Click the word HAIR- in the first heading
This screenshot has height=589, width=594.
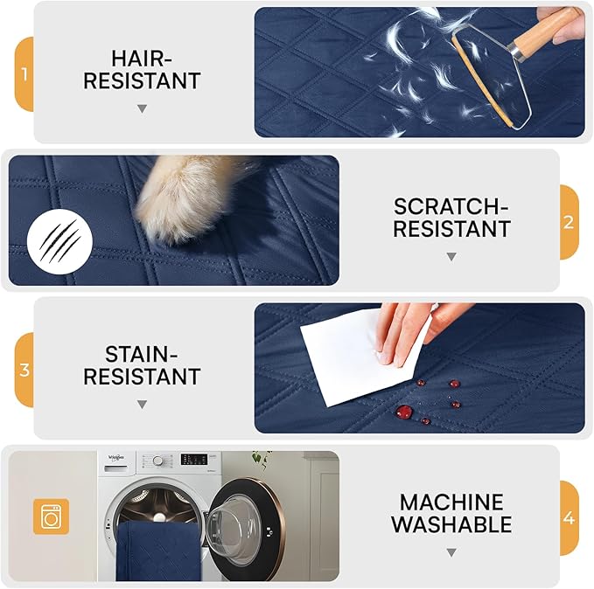142,59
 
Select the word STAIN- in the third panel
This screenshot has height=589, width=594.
142,354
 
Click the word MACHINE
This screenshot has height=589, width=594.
451,502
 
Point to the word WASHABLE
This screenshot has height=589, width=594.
451,524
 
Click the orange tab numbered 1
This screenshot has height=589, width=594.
24,74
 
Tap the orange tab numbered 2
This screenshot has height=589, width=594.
570,222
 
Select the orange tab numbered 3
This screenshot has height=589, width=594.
24,370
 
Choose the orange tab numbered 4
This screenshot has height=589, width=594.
570,518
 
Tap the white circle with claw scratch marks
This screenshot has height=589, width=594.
59,241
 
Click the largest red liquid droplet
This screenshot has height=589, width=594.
404,412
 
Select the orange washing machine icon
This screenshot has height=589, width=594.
51,516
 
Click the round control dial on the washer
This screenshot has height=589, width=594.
158,461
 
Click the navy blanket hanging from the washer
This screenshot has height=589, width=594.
158,551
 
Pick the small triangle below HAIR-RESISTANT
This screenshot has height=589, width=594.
142,109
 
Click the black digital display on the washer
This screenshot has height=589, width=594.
194,459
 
